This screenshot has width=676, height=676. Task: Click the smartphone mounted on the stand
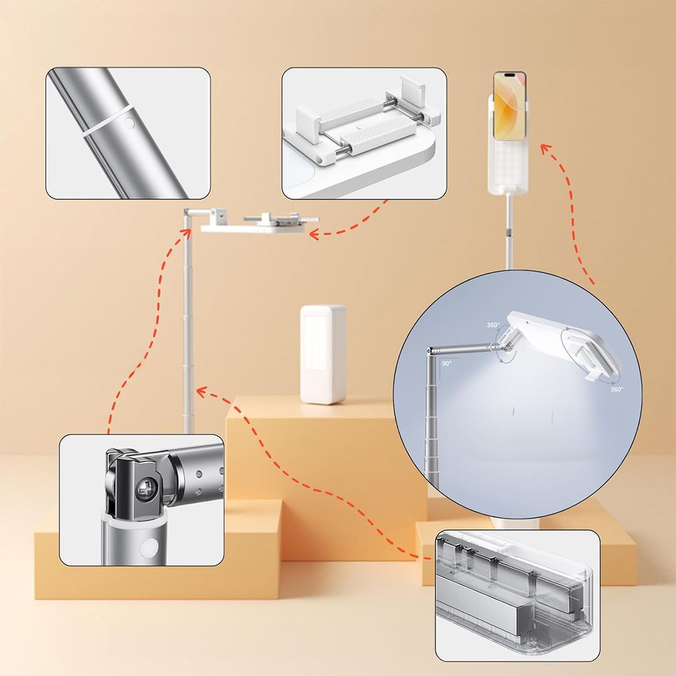pos(509,106)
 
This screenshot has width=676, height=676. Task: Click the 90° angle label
pos(446,364)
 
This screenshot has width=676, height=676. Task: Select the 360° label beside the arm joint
pos(493,325)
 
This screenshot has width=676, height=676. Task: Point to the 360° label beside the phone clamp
pos(617,389)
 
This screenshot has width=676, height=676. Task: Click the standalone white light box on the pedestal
pos(323,354)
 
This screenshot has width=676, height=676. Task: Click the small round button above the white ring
pos(130,123)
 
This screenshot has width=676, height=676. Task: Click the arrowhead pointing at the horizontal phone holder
pos(314,235)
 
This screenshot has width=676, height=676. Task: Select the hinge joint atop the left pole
pos(188,213)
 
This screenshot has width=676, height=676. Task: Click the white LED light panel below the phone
pos(508,166)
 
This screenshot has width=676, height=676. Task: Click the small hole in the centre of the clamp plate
pos(359,128)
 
